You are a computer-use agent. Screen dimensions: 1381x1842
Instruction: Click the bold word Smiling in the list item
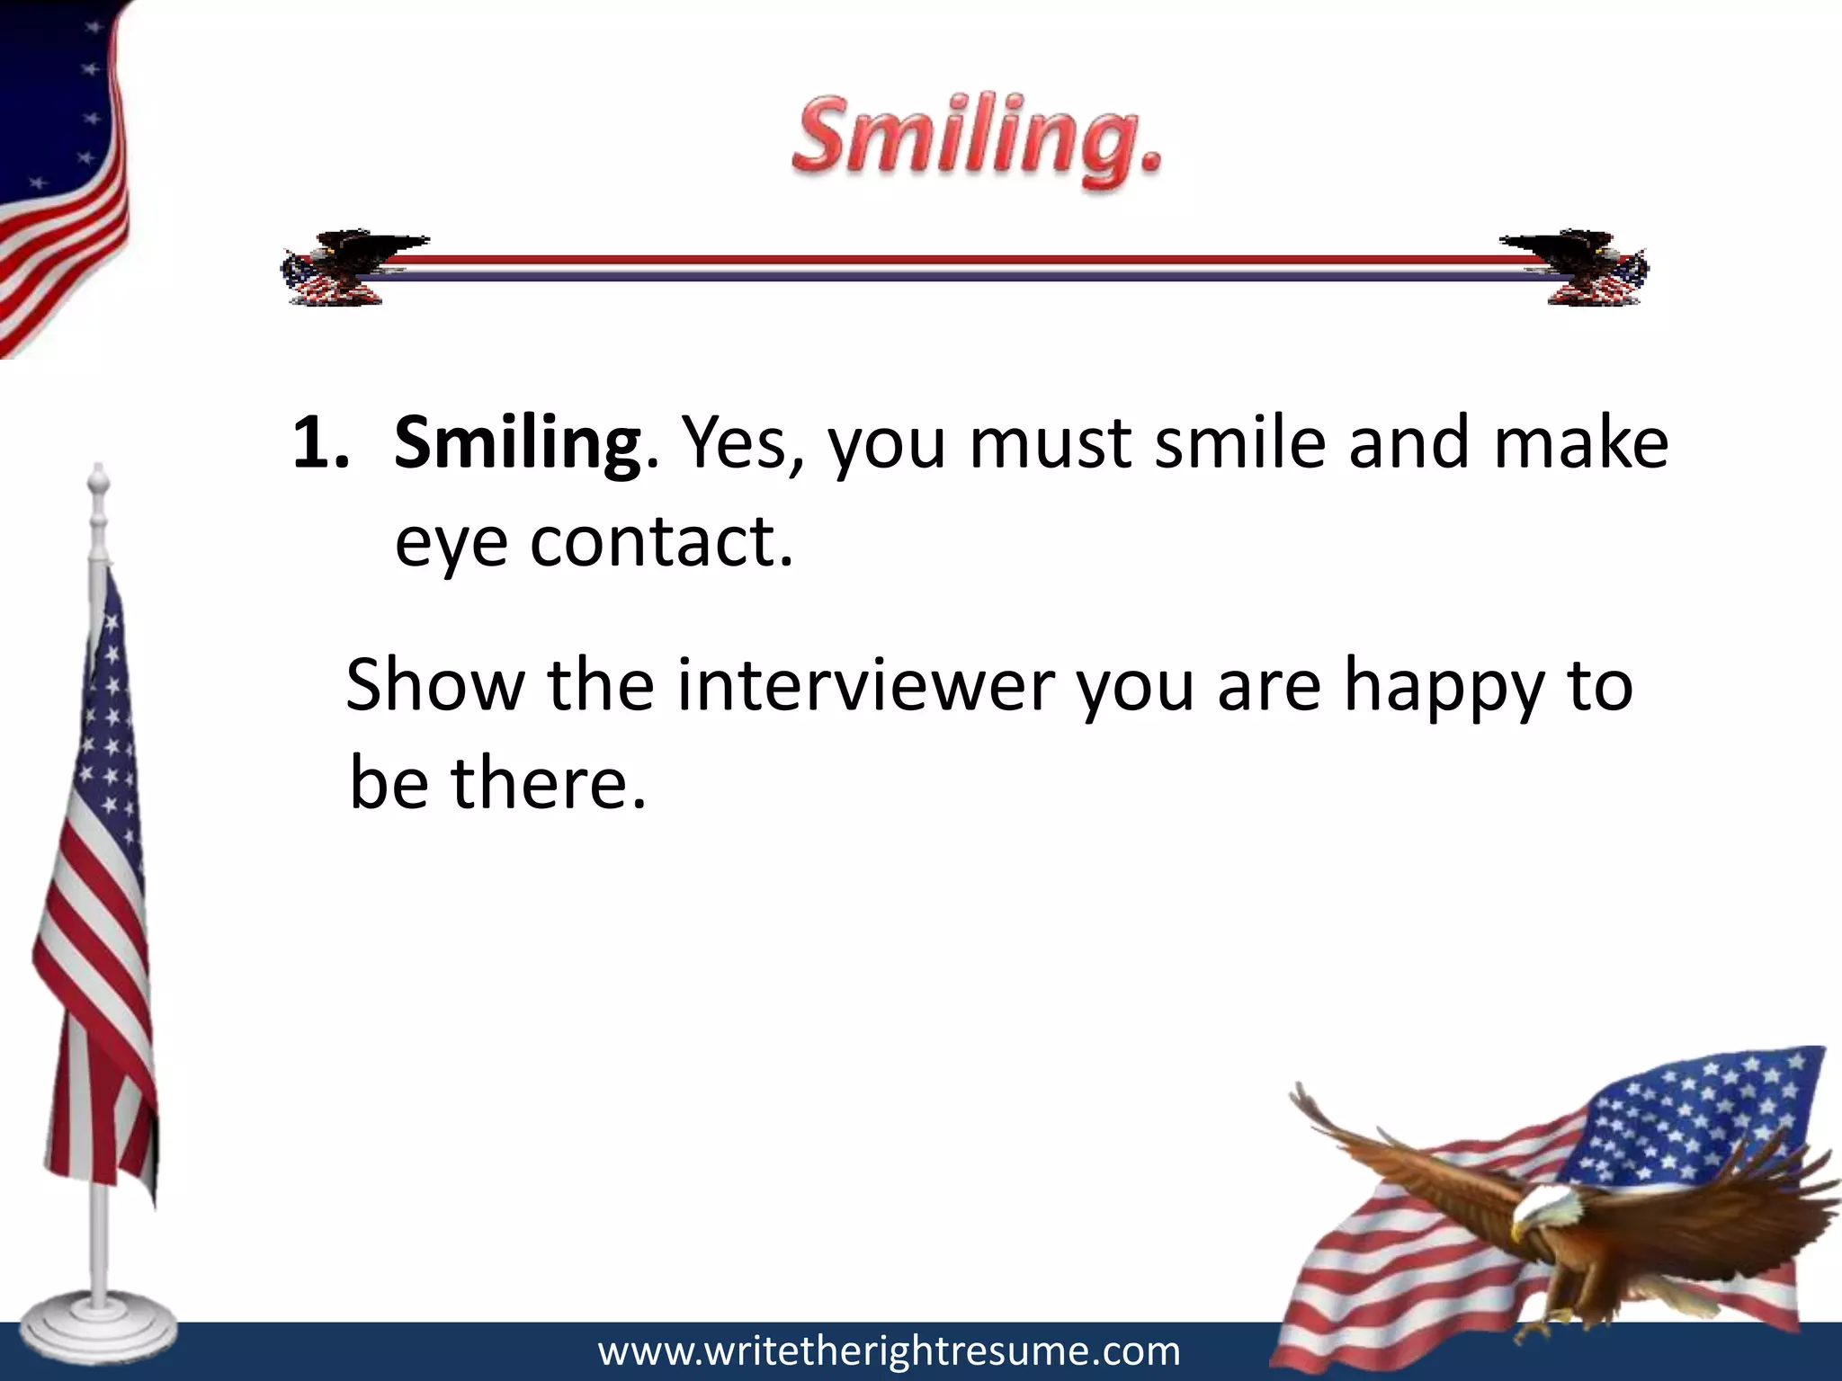click(x=517, y=443)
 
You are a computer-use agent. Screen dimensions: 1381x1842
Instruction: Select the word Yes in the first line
click(x=741, y=443)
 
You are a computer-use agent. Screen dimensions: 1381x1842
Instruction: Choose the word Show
click(x=434, y=686)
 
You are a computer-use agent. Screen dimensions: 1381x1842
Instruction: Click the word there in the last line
click(x=548, y=782)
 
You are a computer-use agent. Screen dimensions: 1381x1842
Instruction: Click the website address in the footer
click(x=889, y=1351)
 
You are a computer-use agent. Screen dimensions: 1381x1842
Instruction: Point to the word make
click(x=1580, y=443)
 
